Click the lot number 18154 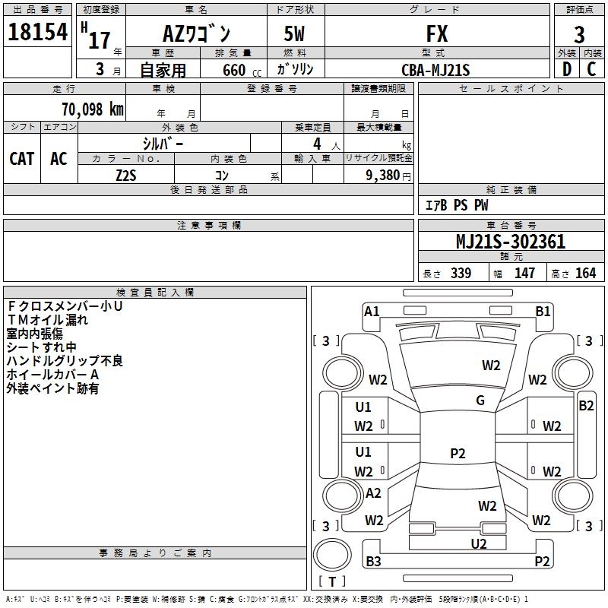click(37, 32)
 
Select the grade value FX click(437, 33)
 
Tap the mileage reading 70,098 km click(93, 109)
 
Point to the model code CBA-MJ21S click(435, 70)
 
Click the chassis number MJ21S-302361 click(511, 242)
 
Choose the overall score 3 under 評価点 click(579, 35)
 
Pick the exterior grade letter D click(567, 69)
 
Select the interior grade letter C click(591, 69)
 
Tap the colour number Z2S click(126, 176)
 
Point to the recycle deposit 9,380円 click(388, 176)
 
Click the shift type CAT click(22, 159)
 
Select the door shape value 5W click(294, 33)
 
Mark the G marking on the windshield click(480, 401)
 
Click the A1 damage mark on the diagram click(372, 312)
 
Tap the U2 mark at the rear click(479, 544)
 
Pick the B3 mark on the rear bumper click(373, 561)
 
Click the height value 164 click(585, 273)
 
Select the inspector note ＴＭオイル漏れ click(47, 320)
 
